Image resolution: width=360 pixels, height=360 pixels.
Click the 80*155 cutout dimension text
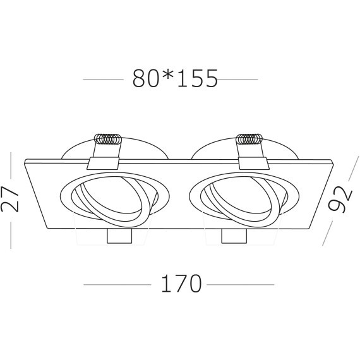click(x=175, y=79)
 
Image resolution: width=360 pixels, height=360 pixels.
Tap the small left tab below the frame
click(x=117, y=236)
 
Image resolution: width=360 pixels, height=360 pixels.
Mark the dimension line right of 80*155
click(x=239, y=80)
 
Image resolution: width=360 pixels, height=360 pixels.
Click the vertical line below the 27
click(x=11, y=234)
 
